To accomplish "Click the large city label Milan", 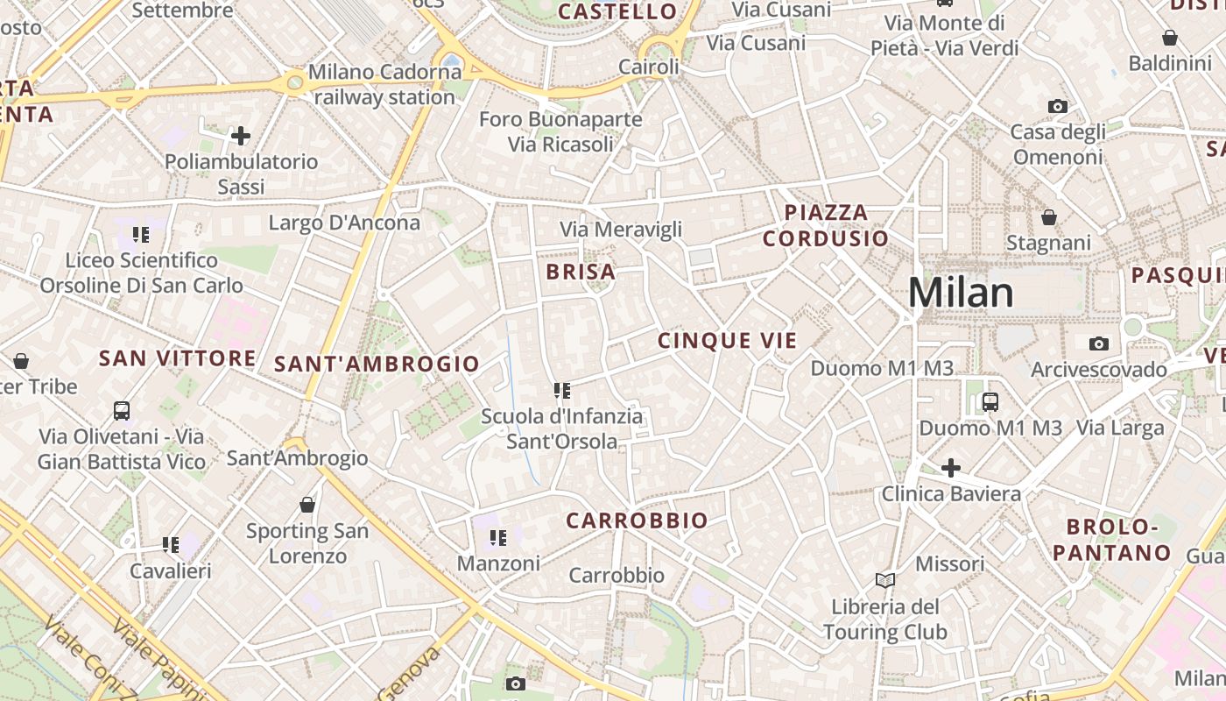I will coord(961,293).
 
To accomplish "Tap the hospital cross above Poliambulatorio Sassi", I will coord(240,136).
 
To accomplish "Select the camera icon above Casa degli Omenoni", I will coord(1058,106).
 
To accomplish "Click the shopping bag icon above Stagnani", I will coord(1048,216).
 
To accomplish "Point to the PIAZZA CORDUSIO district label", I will coord(825,225).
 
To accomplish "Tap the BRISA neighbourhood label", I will coord(581,272).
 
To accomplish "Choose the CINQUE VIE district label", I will coord(727,341).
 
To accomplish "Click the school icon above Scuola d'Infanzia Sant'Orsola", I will coord(561,390).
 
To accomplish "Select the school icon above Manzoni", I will coord(498,537).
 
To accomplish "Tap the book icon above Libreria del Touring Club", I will coord(885,580).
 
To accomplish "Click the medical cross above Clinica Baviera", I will coord(951,468).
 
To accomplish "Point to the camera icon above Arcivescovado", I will coord(1098,343).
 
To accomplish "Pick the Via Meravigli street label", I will coord(621,230).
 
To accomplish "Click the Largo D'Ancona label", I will coord(344,223).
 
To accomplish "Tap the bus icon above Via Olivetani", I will coord(122,410).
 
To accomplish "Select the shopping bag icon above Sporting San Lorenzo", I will coord(307,505).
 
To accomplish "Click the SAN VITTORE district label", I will coord(178,358).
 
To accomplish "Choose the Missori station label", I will coord(950,563).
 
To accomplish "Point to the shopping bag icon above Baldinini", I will coord(1169,38).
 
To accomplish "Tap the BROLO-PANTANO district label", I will coord(1111,540).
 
